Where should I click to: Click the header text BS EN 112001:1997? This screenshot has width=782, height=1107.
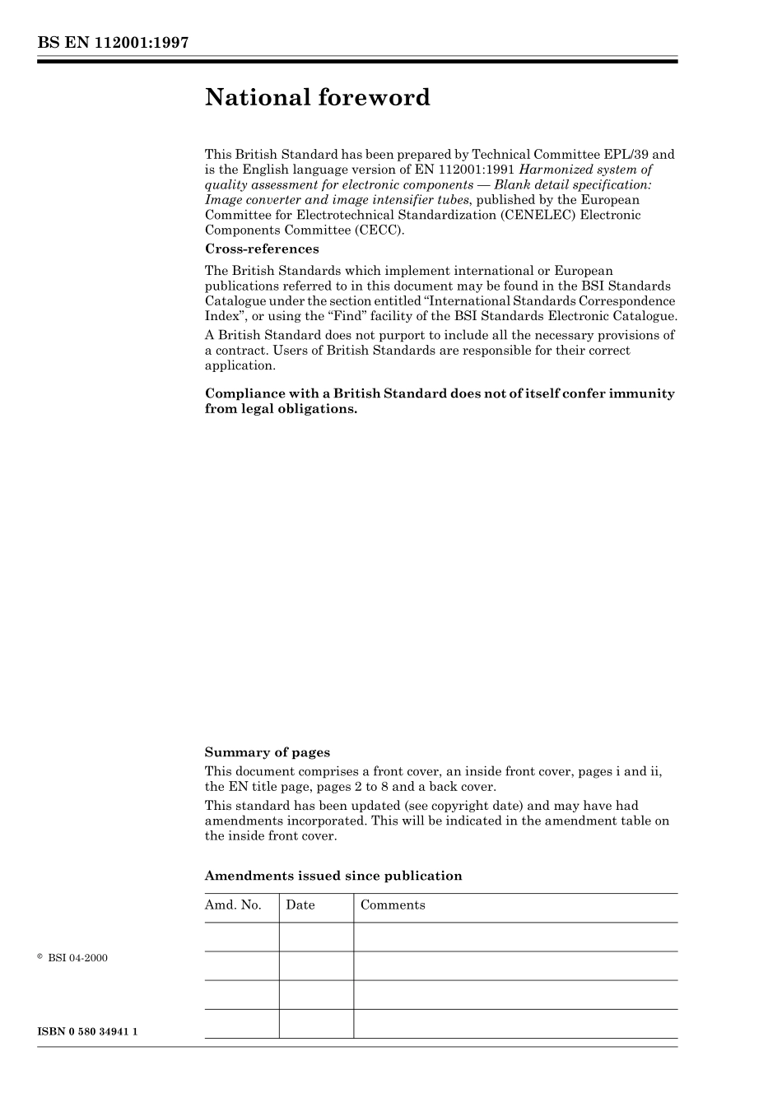pyautogui.click(x=113, y=43)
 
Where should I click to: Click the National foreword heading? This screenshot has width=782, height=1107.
pyautogui.click(x=318, y=98)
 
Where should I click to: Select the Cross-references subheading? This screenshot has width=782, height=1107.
pyautogui.click(x=262, y=249)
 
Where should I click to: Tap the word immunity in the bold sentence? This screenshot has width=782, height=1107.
pyautogui.click(x=641, y=393)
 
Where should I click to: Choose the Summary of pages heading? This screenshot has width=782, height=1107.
pyautogui.click(x=267, y=752)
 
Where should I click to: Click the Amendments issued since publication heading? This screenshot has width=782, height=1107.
pyautogui.click(x=333, y=876)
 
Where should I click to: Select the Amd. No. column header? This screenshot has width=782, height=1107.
pyautogui.click(x=233, y=905)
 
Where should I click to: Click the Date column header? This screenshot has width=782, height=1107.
pyautogui.click(x=300, y=905)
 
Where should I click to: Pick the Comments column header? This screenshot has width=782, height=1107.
pyautogui.click(x=393, y=905)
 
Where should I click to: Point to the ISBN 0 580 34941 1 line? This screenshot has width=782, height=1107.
pyautogui.click(x=87, y=1032)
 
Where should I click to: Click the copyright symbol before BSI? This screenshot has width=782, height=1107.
pyautogui.click(x=40, y=957)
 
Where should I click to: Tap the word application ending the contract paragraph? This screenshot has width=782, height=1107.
pyautogui.click(x=240, y=365)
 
